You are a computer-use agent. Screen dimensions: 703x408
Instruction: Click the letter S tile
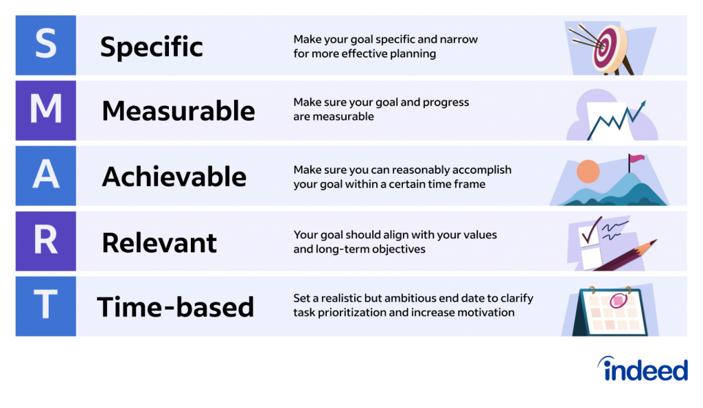(x=46, y=45)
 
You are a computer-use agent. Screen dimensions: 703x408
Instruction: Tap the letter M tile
(x=46, y=111)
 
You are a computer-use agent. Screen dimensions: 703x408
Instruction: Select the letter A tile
(x=46, y=176)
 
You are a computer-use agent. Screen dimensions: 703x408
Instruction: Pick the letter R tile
(x=46, y=241)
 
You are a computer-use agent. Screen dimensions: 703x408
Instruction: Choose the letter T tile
(x=46, y=306)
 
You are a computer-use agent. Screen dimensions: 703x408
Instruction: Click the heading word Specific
(x=152, y=47)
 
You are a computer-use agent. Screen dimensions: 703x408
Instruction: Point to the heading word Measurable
(x=178, y=111)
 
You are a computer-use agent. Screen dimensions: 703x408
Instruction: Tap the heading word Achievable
(x=174, y=177)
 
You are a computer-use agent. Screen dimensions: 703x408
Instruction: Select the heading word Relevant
(x=159, y=242)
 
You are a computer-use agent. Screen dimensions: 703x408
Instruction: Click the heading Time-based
(x=175, y=307)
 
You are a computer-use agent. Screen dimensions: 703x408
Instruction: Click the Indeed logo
(x=643, y=369)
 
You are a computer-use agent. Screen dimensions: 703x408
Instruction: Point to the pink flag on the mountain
(x=636, y=158)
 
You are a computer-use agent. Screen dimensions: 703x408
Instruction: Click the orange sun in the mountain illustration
(x=588, y=171)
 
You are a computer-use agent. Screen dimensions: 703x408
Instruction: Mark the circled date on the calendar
(x=619, y=300)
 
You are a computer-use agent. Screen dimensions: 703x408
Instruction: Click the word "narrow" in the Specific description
(x=459, y=39)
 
